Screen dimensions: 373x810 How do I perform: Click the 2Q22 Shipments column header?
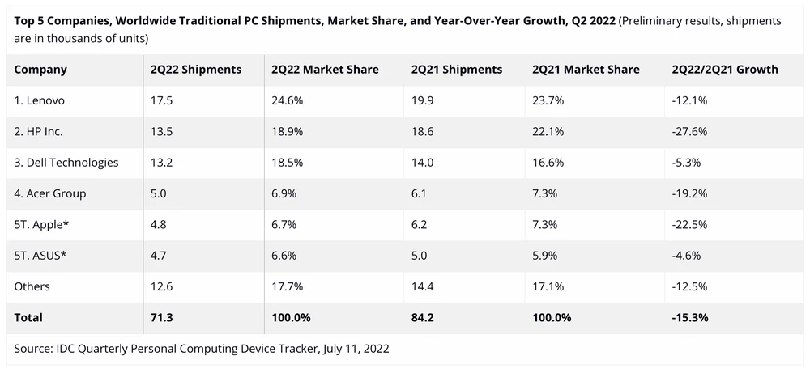pyautogui.click(x=195, y=70)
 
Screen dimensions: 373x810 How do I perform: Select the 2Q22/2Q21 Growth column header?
pyautogui.click(x=725, y=70)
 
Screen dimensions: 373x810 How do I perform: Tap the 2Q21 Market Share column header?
pyautogui.click(x=586, y=70)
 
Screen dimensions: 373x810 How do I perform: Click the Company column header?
pyautogui.click(x=40, y=70)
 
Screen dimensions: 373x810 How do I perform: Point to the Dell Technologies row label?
pyautogui.click(x=66, y=163)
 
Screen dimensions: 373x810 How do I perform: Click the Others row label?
pyautogui.click(x=32, y=286)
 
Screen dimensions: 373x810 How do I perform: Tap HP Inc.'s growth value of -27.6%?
pyautogui.click(x=690, y=132)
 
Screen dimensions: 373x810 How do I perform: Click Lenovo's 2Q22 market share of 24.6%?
pyautogui.click(x=288, y=100)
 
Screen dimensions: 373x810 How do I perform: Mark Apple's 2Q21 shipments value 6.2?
pyautogui.click(x=419, y=225)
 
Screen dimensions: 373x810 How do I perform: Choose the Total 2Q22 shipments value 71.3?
pyautogui.click(x=161, y=318)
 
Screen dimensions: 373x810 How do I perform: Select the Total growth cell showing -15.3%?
pyautogui.click(x=691, y=318)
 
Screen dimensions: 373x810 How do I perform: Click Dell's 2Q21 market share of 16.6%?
pyautogui.click(x=548, y=163)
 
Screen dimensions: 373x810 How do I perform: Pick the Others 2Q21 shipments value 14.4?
pyautogui.click(x=422, y=286)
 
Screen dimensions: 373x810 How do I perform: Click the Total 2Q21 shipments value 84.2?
pyautogui.click(x=423, y=318)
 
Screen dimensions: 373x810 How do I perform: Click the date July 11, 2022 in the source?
pyautogui.click(x=353, y=349)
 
